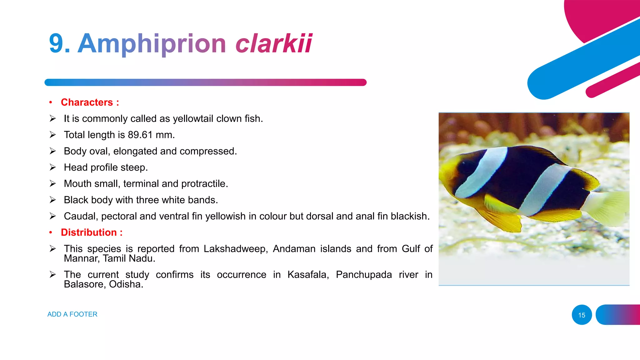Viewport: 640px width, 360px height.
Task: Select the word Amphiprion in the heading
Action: click(152, 44)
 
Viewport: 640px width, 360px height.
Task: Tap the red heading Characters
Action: click(87, 102)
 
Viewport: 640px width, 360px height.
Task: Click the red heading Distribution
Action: click(89, 232)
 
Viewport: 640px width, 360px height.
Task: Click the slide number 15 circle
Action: click(582, 315)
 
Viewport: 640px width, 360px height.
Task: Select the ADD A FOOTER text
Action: click(72, 314)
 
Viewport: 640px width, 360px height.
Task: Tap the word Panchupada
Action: click(364, 274)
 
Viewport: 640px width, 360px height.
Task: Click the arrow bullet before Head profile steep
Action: click(52, 167)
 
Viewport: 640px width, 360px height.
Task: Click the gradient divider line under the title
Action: click(205, 82)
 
